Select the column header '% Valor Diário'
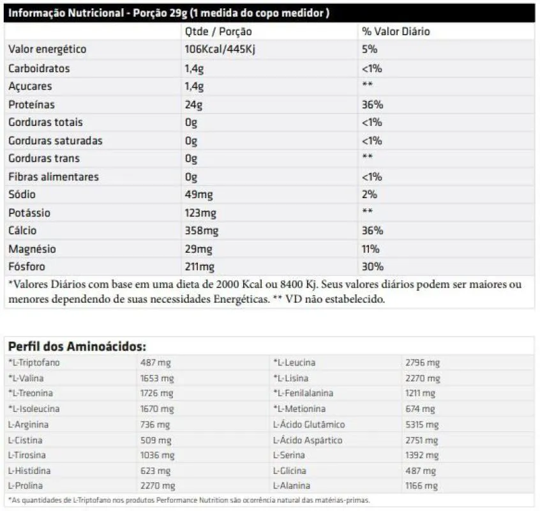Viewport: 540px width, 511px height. pyautogui.click(x=396, y=31)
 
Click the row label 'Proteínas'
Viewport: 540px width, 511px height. pyautogui.click(x=31, y=105)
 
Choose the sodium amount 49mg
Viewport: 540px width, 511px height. pyautogui.click(x=198, y=195)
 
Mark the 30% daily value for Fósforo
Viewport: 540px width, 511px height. pyautogui.click(x=372, y=267)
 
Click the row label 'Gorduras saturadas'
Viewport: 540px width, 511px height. pyautogui.click(x=55, y=141)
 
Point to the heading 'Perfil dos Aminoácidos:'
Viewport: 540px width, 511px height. pyautogui.click(x=77, y=346)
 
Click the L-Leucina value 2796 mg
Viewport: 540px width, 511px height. pyautogui.click(x=423, y=363)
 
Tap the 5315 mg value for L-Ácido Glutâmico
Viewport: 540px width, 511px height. pyautogui.click(x=423, y=425)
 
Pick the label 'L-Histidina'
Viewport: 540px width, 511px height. pyautogui.click(x=29, y=471)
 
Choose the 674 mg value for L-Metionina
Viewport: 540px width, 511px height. pyautogui.click(x=420, y=409)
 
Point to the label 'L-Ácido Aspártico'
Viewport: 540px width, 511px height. pyautogui.click(x=308, y=440)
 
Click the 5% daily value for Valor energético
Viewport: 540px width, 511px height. pyautogui.click(x=370, y=50)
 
